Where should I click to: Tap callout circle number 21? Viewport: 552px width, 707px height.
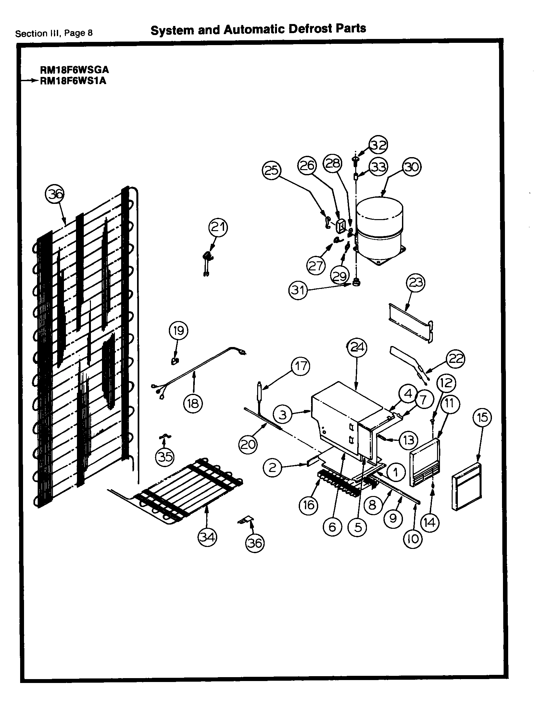218,228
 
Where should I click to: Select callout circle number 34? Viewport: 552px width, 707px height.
207,538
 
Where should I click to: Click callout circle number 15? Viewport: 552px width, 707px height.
483,417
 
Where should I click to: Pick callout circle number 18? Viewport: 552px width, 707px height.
193,403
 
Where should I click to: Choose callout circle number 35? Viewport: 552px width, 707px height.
165,457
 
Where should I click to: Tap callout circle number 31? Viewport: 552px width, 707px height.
298,290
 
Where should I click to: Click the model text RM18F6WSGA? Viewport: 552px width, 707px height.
74,70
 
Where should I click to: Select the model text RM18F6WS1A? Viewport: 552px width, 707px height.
73,81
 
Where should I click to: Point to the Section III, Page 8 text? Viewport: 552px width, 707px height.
54,33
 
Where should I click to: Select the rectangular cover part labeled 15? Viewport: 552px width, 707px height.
467,486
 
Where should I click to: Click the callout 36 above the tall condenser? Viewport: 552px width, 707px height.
54,195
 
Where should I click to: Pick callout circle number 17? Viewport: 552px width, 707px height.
300,366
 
